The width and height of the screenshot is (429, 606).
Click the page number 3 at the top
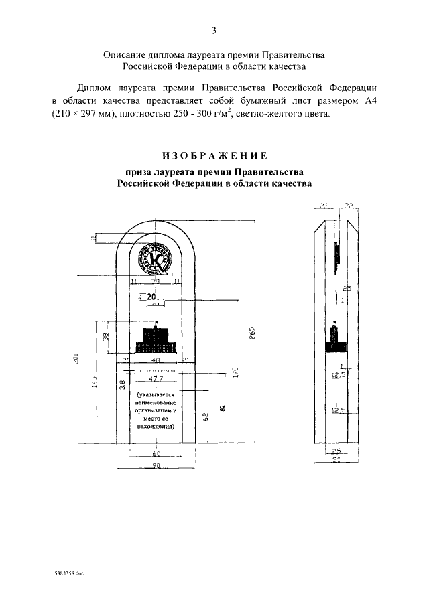pos(214,30)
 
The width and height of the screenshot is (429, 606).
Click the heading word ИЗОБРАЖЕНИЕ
pos(214,157)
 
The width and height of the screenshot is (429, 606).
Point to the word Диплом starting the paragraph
pos(93,88)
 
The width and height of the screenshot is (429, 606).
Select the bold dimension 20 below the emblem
pos(150,297)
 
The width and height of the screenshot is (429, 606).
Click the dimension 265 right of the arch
pos(253,333)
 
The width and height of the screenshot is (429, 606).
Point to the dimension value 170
pos(236,372)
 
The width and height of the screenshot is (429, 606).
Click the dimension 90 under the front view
pos(156,466)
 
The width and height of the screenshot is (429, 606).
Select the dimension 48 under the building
pos(156,360)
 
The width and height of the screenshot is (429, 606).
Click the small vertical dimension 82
pos(221,408)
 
